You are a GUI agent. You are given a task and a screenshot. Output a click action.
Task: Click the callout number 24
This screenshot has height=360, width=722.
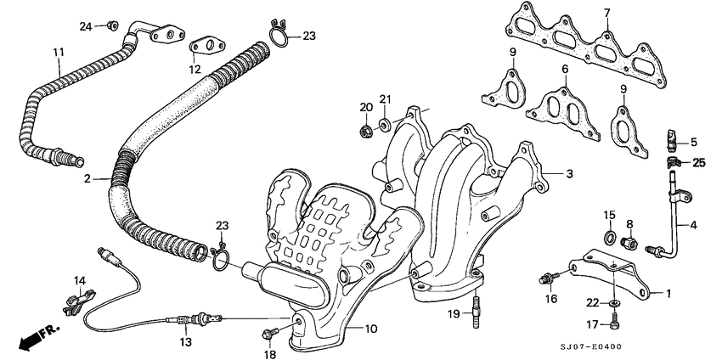point(86,26)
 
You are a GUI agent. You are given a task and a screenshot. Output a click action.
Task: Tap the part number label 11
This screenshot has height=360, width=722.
point(58,53)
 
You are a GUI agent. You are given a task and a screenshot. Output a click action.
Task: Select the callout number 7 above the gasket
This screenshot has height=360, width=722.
point(607,12)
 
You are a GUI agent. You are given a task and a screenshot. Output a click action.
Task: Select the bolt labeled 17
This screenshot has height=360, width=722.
point(616,323)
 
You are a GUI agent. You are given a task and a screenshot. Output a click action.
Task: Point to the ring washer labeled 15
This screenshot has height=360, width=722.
point(610,233)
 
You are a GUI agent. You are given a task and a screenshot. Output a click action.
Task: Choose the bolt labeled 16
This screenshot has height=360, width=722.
point(546,277)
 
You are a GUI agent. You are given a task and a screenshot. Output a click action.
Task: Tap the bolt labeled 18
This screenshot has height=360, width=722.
point(274,327)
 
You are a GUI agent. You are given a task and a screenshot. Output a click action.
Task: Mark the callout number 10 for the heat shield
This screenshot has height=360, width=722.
point(371,328)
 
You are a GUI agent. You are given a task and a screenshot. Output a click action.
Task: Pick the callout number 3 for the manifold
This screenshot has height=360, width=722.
point(570,173)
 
